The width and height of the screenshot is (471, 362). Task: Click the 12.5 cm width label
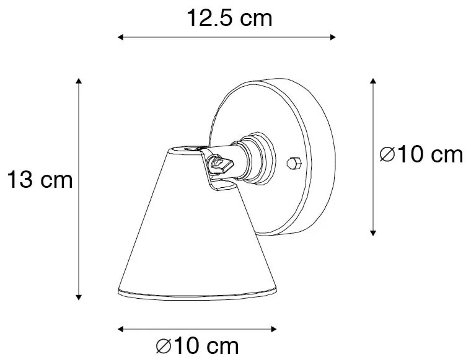[x=229, y=19]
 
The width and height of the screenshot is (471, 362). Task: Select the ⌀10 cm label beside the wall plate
[x=422, y=154]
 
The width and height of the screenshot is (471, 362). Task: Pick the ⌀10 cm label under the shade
[x=198, y=345]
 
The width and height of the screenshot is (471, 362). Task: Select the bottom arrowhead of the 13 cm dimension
[x=79, y=297]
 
